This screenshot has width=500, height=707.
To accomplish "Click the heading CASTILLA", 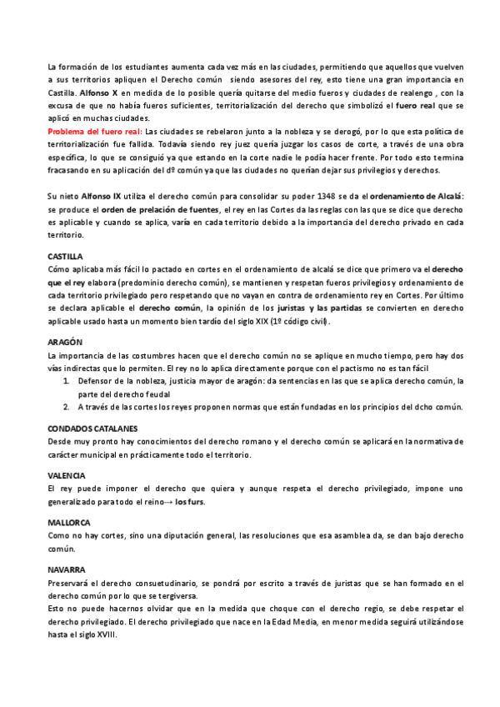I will pyautogui.click(x=66, y=256).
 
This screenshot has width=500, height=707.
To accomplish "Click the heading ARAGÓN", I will pyautogui.click(x=65, y=342).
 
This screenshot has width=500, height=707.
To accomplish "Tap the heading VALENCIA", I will pyautogui.click(x=67, y=474).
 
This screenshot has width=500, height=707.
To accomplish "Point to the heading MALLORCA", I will pyautogui.click(x=68, y=522).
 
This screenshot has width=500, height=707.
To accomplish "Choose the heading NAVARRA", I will pyautogui.click(x=67, y=569).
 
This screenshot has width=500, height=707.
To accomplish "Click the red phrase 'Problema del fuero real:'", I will pyautogui.click(x=95, y=132).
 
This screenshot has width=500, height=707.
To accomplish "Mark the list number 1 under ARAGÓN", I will pyautogui.click(x=67, y=380).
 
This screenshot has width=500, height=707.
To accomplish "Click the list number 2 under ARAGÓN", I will pyautogui.click(x=67, y=407).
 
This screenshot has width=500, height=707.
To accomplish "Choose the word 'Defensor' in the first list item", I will pyautogui.click(x=98, y=380).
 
